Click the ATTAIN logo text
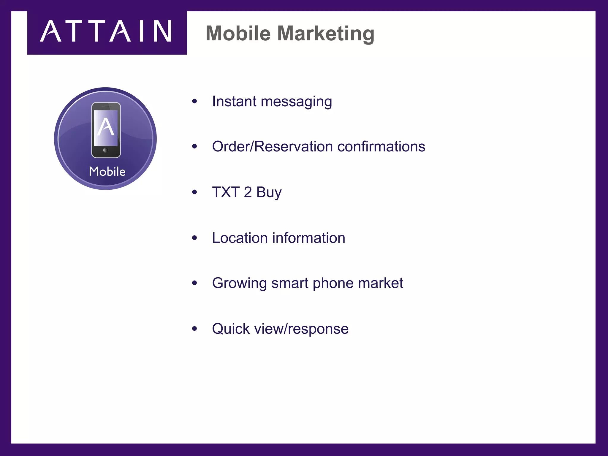pos(106,31)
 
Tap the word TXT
pos(226,192)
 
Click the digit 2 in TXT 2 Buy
pos(248,192)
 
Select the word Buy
pos(269,193)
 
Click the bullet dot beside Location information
pos(194,237)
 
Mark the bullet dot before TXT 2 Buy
pos(194,192)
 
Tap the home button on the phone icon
pos(105,150)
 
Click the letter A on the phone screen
pos(106,127)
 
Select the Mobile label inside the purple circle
pos(107,172)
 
